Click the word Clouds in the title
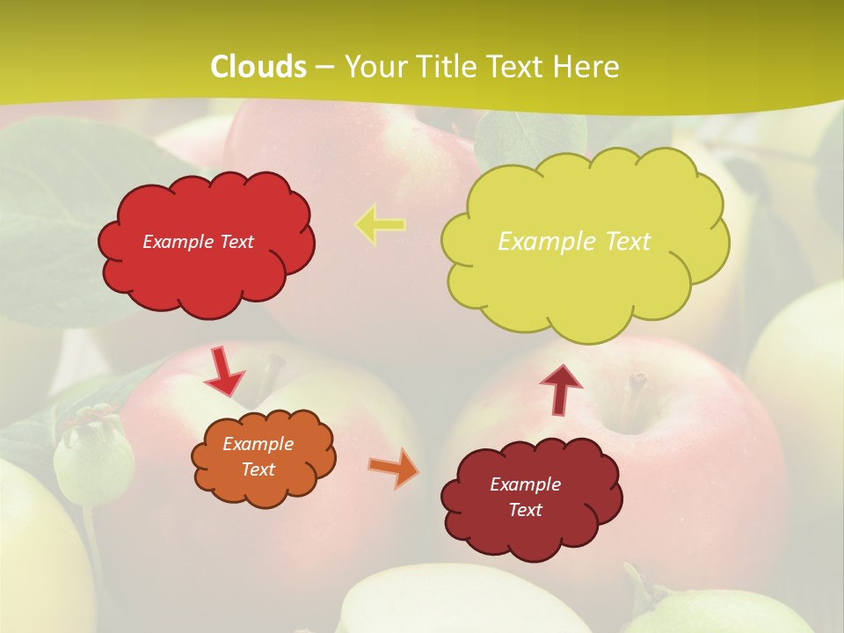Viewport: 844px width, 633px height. (258, 67)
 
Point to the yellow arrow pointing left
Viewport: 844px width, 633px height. (380, 225)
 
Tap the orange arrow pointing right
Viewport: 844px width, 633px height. (394, 467)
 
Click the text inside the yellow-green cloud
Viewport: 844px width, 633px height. (574, 241)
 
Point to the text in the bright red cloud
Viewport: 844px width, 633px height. (198, 242)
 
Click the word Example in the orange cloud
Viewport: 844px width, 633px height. (258, 444)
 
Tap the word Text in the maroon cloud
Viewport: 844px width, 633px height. (525, 510)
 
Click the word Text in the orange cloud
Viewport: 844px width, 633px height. (258, 469)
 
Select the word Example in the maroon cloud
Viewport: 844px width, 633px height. (525, 484)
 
